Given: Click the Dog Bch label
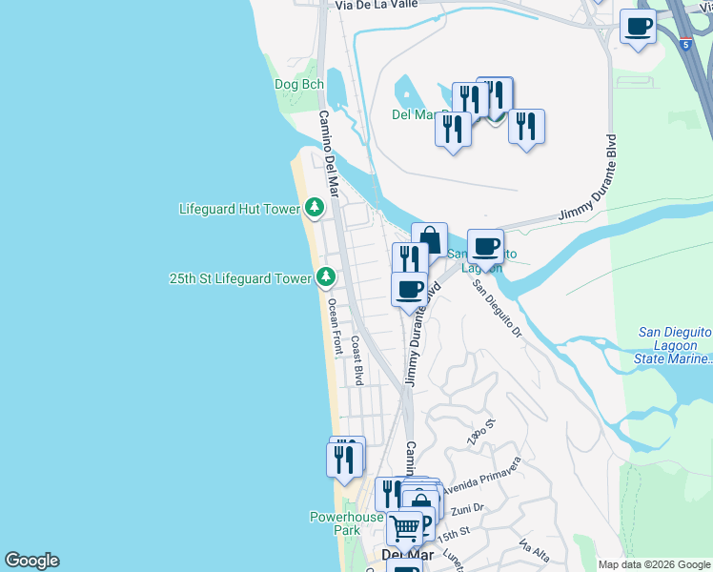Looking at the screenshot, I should tap(299, 84).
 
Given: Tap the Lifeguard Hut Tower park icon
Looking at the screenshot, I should tap(315, 207).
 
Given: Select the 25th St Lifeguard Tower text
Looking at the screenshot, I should tap(239, 278).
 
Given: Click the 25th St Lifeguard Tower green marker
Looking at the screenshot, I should tap(327, 277).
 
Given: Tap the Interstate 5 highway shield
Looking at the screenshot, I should tap(686, 44).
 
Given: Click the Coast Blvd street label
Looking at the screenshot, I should tap(357, 359).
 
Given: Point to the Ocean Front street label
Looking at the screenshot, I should tap(334, 327).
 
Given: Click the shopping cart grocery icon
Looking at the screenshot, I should tap(405, 526).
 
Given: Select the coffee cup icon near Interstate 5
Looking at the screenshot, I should tap(638, 27).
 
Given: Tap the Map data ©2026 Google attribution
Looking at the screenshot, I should tap(654, 564).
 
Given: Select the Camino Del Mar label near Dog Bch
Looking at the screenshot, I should tap(327, 152).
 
